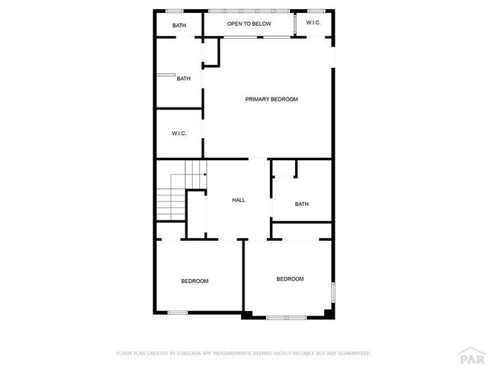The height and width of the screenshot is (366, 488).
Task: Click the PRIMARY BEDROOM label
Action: pos(271,100)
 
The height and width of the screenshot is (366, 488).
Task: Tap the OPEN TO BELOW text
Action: pos(249,24)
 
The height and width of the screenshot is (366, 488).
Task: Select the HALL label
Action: pos(239,201)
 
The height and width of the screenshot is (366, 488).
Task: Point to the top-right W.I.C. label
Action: pos(313,24)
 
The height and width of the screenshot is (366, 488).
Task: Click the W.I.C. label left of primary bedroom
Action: pos(179,133)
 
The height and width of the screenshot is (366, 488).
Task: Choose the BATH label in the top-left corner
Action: pos(179,26)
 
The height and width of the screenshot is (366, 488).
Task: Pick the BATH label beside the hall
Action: pos(302,204)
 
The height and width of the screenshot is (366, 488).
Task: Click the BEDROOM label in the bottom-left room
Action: pos(194,281)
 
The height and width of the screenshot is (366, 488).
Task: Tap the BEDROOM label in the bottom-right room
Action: pos(290,279)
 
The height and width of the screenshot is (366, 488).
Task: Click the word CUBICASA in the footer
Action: pos(188,354)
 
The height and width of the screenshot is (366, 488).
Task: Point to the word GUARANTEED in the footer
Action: pos(352,354)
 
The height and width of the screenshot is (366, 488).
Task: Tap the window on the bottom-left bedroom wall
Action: pos(178,312)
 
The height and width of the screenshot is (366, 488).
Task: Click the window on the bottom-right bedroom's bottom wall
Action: pos(285,316)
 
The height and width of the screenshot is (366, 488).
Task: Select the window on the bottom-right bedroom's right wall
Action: pos(332,294)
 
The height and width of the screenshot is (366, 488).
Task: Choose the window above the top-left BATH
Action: pos(175,11)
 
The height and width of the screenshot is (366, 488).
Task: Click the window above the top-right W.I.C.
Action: pos(316,11)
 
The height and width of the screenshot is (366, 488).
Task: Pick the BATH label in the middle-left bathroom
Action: pos(184,79)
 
